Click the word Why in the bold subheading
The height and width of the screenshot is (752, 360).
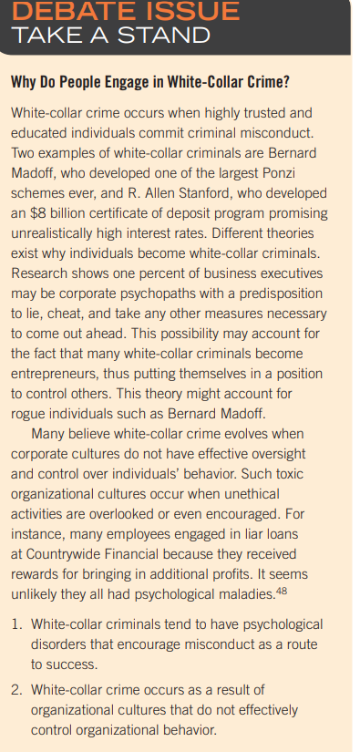[x=25, y=82]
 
